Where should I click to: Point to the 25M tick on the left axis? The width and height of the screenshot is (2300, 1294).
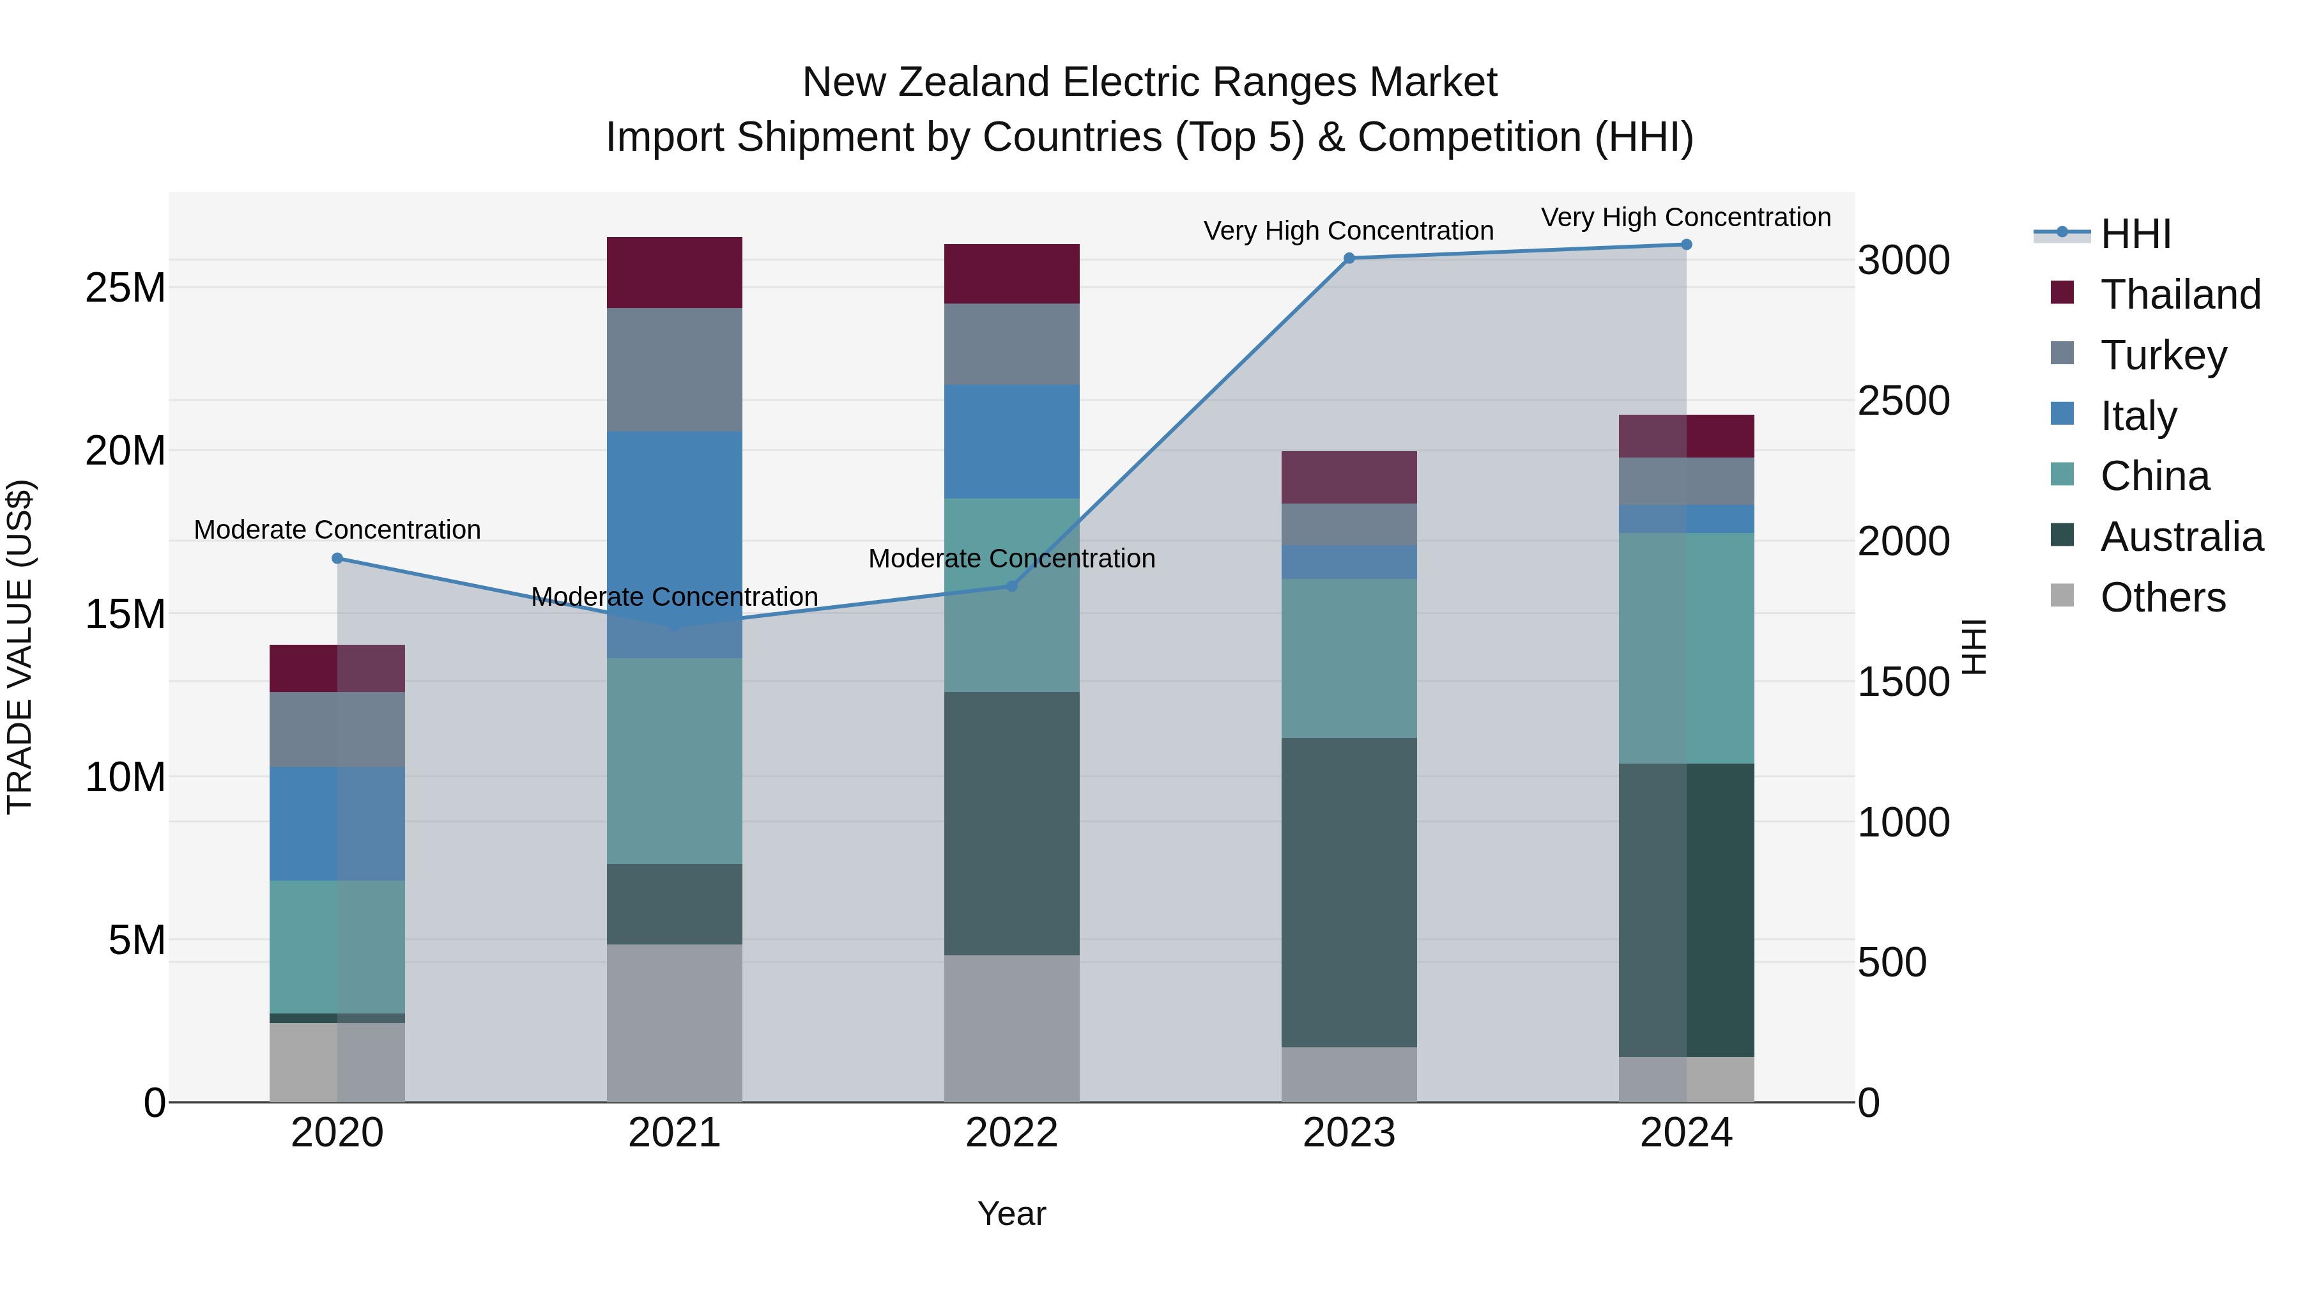point(125,288)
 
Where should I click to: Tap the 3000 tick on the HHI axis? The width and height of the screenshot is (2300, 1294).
point(1903,261)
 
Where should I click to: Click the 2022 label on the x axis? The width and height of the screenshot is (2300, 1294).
point(1011,1133)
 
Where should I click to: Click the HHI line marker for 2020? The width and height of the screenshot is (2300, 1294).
point(337,558)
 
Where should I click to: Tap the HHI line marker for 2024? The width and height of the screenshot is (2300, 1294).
point(1686,244)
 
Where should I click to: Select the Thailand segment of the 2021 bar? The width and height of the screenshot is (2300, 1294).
point(674,272)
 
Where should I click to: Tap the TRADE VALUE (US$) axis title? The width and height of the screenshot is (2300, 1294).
point(20,647)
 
